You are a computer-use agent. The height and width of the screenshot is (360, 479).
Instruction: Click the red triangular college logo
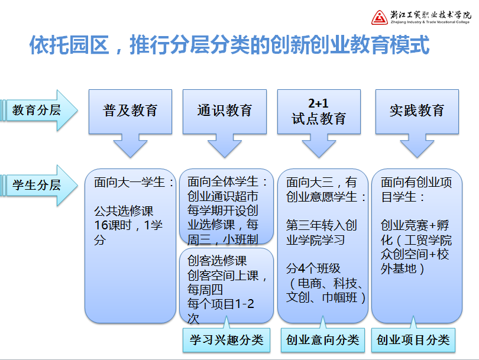(380, 17)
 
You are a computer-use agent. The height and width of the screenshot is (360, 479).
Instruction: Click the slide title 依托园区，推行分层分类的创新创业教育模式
(229, 45)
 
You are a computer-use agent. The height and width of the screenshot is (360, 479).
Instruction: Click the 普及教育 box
(131, 112)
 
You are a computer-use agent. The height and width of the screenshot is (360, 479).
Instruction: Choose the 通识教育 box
(225, 112)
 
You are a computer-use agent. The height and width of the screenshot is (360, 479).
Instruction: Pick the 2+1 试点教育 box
(319, 112)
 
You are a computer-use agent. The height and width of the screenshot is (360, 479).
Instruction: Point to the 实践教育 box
(417, 112)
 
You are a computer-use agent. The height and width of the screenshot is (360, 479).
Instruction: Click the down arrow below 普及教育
(131, 146)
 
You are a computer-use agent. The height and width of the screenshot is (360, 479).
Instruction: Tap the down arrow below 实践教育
(417, 146)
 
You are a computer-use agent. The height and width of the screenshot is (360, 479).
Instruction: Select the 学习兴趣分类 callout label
(226, 340)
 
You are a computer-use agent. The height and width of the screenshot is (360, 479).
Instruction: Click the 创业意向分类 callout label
(323, 340)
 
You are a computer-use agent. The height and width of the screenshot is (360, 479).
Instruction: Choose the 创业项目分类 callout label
(413, 340)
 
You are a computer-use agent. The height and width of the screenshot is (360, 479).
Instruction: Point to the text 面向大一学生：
(134, 182)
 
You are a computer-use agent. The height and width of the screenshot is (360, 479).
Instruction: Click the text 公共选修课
(124, 211)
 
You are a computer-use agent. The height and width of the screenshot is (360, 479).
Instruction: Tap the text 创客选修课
(217, 261)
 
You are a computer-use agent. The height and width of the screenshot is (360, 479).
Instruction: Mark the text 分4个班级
(313, 268)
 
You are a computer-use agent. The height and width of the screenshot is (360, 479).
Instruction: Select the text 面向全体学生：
(227, 181)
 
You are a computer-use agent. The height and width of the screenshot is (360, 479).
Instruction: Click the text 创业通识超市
(223, 196)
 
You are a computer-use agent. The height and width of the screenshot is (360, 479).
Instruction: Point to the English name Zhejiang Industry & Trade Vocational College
(430, 22)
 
